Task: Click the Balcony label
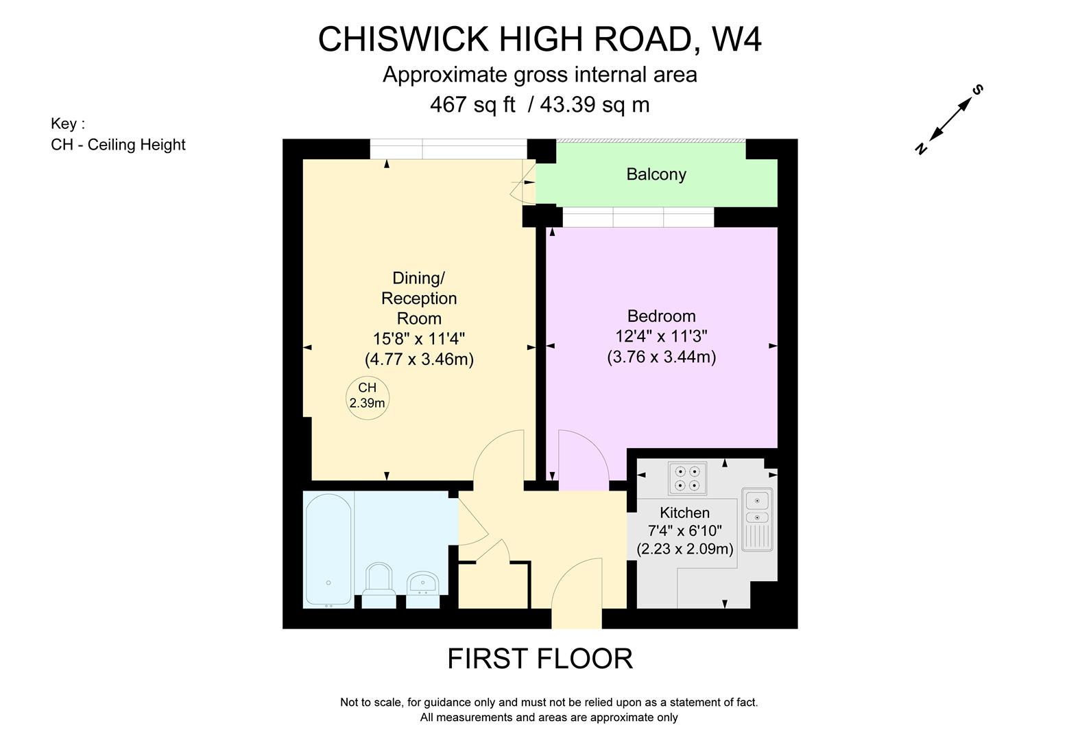point(656,174)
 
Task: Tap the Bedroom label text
point(661,316)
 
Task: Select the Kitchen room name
point(684,513)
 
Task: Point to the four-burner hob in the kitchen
point(687,478)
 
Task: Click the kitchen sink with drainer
point(757,519)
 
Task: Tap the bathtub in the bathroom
point(328,550)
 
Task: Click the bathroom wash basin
point(422,586)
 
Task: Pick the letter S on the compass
point(979,90)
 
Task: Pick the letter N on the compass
point(921,148)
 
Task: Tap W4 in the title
point(736,39)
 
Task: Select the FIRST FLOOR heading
point(540,659)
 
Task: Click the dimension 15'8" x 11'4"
point(419,339)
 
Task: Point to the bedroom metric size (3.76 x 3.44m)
point(661,357)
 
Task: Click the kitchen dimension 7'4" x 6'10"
point(684,530)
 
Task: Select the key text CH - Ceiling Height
point(118,145)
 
